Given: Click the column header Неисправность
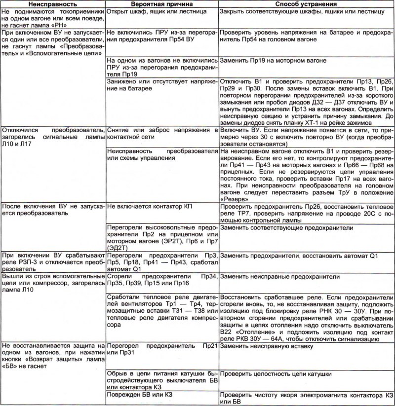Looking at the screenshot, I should [53, 4].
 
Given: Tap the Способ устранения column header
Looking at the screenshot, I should [305, 4].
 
